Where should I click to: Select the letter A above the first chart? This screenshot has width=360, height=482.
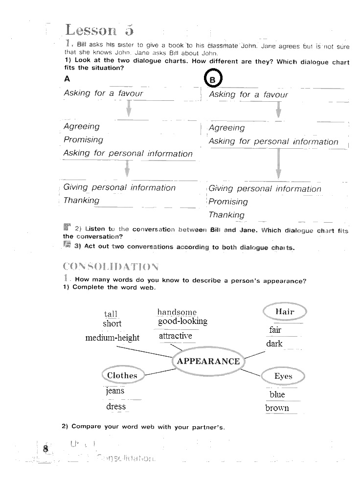[67, 79]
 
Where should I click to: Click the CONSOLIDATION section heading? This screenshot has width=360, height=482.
[111, 267]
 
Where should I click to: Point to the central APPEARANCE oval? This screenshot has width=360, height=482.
[208, 361]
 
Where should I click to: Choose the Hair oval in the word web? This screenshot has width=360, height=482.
[285, 312]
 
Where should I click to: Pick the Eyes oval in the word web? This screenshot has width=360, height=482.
[283, 376]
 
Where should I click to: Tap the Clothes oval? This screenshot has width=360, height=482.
[122, 375]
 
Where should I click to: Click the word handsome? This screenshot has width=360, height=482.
[177, 312]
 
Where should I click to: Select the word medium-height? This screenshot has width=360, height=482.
[112, 338]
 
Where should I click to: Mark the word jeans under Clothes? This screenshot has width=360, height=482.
[115, 390]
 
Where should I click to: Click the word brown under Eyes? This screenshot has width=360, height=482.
[277, 408]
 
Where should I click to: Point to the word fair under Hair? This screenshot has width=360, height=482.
[275, 330]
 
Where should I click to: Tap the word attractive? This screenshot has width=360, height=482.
[175, 336]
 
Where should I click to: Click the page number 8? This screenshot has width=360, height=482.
[45, 449]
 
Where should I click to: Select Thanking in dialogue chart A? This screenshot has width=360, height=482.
[81, 200]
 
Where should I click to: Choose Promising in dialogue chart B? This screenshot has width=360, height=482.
[228, 202]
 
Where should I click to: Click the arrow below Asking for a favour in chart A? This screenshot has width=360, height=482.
[129, 109]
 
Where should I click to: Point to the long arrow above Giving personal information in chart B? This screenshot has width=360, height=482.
[278, 163]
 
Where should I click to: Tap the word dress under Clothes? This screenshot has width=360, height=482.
[116, 406]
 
